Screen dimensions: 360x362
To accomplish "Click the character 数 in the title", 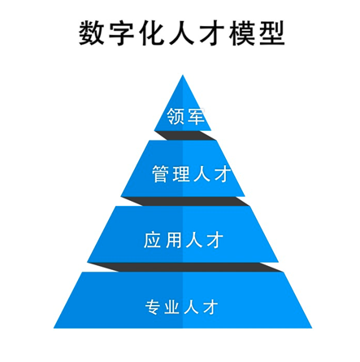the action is (92, 33).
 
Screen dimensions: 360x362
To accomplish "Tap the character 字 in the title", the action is (122, 33).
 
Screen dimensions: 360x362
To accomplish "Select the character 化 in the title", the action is (152, 33).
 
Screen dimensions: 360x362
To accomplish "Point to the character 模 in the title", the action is (242, 33).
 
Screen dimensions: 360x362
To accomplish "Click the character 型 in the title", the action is (272, 33).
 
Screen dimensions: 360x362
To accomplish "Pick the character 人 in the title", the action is (182, 33).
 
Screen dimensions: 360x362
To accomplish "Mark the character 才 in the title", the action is (212, 33).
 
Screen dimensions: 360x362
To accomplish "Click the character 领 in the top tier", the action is (176, 116).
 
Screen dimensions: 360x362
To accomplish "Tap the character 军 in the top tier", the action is (196, 116).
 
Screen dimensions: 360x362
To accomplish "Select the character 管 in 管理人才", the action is (161, 174).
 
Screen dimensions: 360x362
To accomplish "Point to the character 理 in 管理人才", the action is (181, 174).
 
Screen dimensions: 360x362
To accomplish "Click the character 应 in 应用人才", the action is (153, 240).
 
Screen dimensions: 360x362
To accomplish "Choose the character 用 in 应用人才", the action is (173, 240).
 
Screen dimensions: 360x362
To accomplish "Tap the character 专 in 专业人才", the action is (154, 307).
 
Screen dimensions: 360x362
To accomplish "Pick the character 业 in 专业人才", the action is (172, 307).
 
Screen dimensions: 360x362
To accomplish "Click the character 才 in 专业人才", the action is (210, 307).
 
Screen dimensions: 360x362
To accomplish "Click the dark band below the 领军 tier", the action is (185, 136).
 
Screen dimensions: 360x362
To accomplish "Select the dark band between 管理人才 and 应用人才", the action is (185, 201).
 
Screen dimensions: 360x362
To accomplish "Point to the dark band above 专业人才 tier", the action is (185, 267).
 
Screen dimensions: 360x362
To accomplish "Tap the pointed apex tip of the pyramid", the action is (183, 75).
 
